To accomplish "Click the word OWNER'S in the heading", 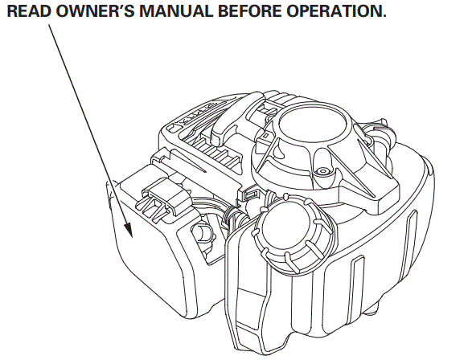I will click(x=86, y=14).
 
